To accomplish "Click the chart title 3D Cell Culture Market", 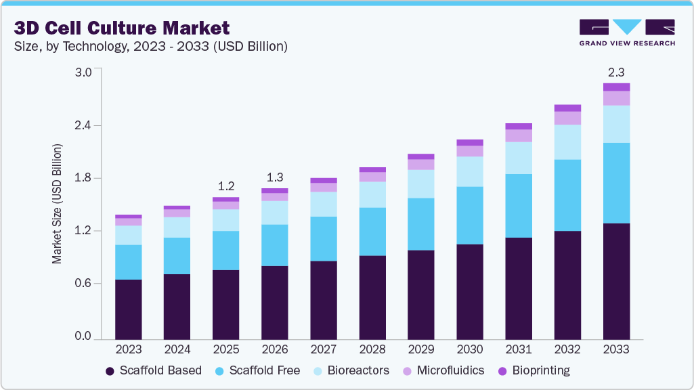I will (x=122, y=28).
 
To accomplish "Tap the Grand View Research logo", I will (x=627, y=32).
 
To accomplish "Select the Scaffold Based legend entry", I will (x=154, y=370).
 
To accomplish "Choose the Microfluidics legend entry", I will (x=443, y=370).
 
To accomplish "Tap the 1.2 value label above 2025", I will (x=226, y=186).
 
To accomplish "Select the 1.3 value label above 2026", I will (x=275, y=177).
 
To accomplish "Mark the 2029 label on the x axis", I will (x=420, y=349).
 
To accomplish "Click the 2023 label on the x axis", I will (x=128, y=349).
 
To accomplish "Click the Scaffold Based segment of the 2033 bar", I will (x=616, y=281).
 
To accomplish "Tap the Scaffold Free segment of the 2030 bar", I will (x=469, y=215).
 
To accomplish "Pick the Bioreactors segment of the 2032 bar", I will (x=567, y=142).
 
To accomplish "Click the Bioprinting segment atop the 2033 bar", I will (x=616, y=87).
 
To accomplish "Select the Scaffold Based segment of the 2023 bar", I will (x=128, y=309).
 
